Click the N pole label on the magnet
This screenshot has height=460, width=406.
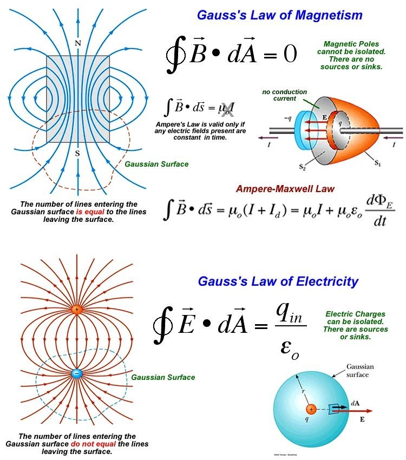[x=77, y=43]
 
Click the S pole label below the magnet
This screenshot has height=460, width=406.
[x=77, y=153]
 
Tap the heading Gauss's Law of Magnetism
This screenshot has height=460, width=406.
[x=279, y=15]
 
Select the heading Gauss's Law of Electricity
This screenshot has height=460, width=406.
[x=278, y=281]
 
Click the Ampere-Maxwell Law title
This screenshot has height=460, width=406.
[x=285, y=189]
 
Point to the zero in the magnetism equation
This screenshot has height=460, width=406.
[x=290, y=54]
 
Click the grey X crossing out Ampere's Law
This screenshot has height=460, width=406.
[x=227, y=110]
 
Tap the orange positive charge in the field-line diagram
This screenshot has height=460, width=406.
[x=77, y=310]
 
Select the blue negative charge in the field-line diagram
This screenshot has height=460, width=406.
[x=77, y=373]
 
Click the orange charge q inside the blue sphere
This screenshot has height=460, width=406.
[x=311, y=409]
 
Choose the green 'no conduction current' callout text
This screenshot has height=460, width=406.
[x=284, y=95]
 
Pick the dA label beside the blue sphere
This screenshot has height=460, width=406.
[x=355, y=403]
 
